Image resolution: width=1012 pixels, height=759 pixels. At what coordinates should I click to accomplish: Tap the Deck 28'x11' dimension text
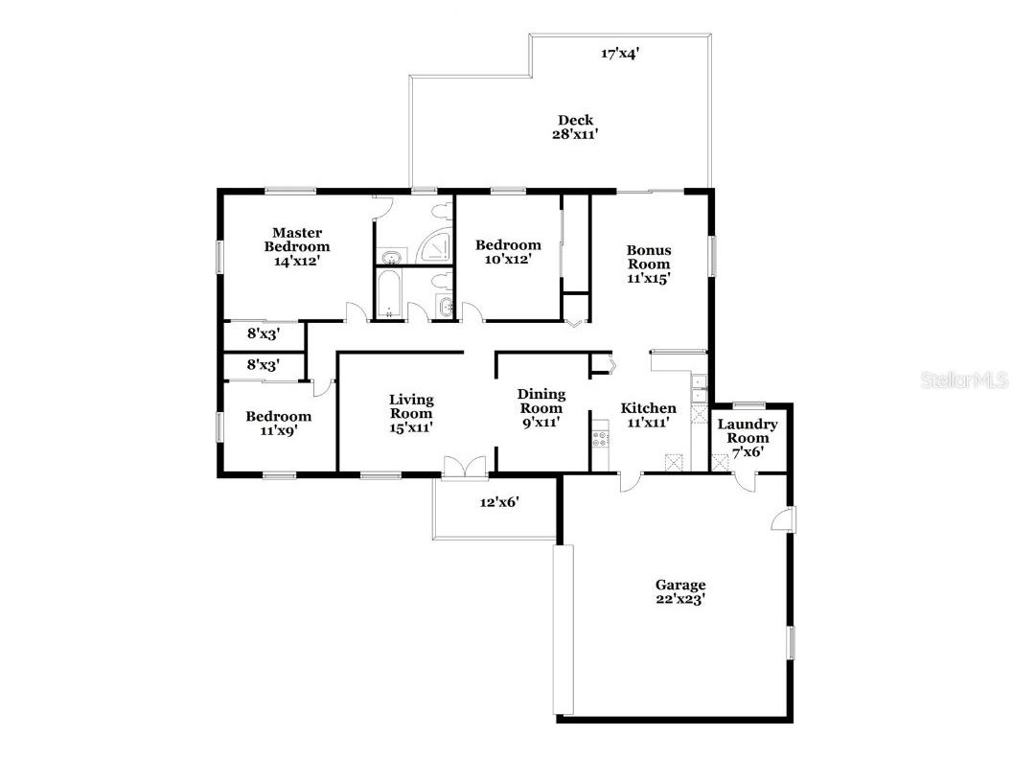[x=575, y=134]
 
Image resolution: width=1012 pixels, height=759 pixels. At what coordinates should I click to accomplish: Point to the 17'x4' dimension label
[x=620, y=54]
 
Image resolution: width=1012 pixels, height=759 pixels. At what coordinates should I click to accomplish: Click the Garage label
[x=680, y=585]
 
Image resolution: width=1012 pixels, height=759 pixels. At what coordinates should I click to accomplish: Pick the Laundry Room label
[x=747, y=430]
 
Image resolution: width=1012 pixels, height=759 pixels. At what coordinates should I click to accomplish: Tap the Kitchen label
[x=649, y=408]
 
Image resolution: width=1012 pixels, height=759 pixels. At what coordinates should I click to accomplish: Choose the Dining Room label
[x=541, y=401]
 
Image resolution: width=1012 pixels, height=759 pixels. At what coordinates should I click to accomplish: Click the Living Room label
[x=412, y=406]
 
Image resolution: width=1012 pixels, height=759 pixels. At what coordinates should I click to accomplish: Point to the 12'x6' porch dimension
[x=499, y=501]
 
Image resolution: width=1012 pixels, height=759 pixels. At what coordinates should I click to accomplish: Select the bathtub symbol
[x=389, y=293]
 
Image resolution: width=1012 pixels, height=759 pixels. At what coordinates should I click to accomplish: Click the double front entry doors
[x=465, y=468]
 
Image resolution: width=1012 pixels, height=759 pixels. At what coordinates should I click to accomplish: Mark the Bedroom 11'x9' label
[x=279, y=423]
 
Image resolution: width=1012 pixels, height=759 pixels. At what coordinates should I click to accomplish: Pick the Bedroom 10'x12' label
[x=508, y=252]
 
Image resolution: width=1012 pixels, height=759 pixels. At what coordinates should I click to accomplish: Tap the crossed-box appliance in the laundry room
[x=720, y=463]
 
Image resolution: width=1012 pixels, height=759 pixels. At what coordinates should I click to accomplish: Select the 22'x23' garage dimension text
[x=680, y=599]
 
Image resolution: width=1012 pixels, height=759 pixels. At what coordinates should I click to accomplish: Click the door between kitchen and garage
[x=631, y=481]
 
